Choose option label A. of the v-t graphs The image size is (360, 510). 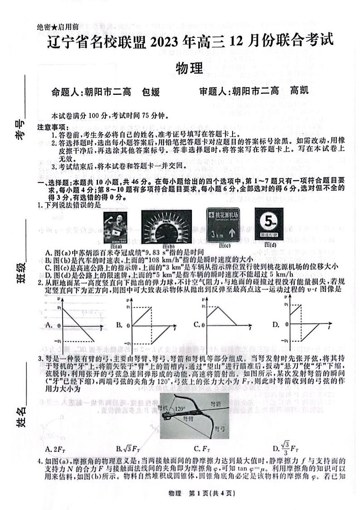point(49,325)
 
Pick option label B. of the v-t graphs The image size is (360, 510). point(119,325)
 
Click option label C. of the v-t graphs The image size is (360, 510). point(197,325)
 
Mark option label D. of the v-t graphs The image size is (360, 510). point(276,325)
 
